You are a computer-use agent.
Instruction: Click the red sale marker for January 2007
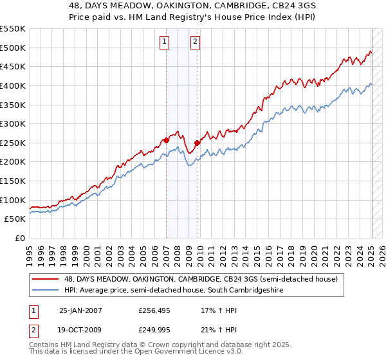166,139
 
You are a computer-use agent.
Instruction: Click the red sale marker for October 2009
197,142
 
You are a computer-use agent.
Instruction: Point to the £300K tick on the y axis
14,123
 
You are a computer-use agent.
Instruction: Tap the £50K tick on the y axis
16,219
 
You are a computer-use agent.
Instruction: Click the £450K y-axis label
14,66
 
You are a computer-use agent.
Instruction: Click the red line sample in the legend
46,279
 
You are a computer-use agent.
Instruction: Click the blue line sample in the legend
46,291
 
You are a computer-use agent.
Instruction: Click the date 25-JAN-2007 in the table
80,310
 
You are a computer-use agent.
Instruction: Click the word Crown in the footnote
164,345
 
